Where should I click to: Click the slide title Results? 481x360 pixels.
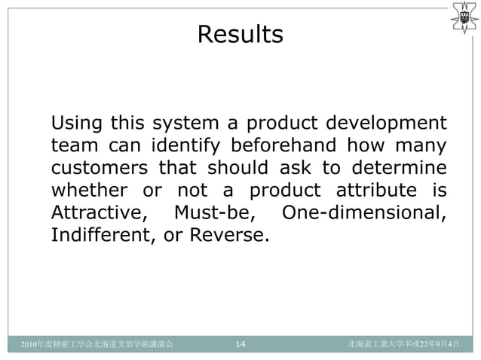tap(240, 35)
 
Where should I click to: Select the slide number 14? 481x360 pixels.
tap(240, 345)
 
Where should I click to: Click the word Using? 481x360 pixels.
tap(77, 122)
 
